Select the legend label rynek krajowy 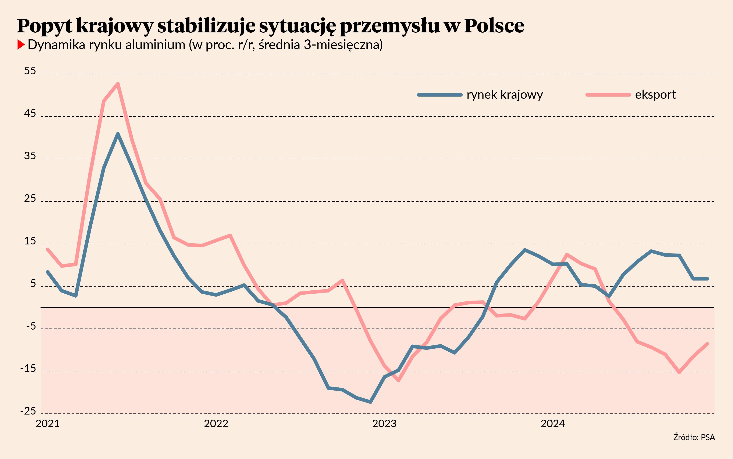click(x=505, y=95)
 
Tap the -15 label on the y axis click(x=28, y=369)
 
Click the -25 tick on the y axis click(x=28, y=411)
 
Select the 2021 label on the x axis click(x=48, y=423)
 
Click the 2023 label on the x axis click(x=384, y=423)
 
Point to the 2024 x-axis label click(x=553, y=423)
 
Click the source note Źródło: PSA click(x=694, y=437)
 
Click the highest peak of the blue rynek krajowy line click(x=118, y=134)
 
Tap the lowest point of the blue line click(x=370, y=402)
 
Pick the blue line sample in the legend click(x=440, y=95)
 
